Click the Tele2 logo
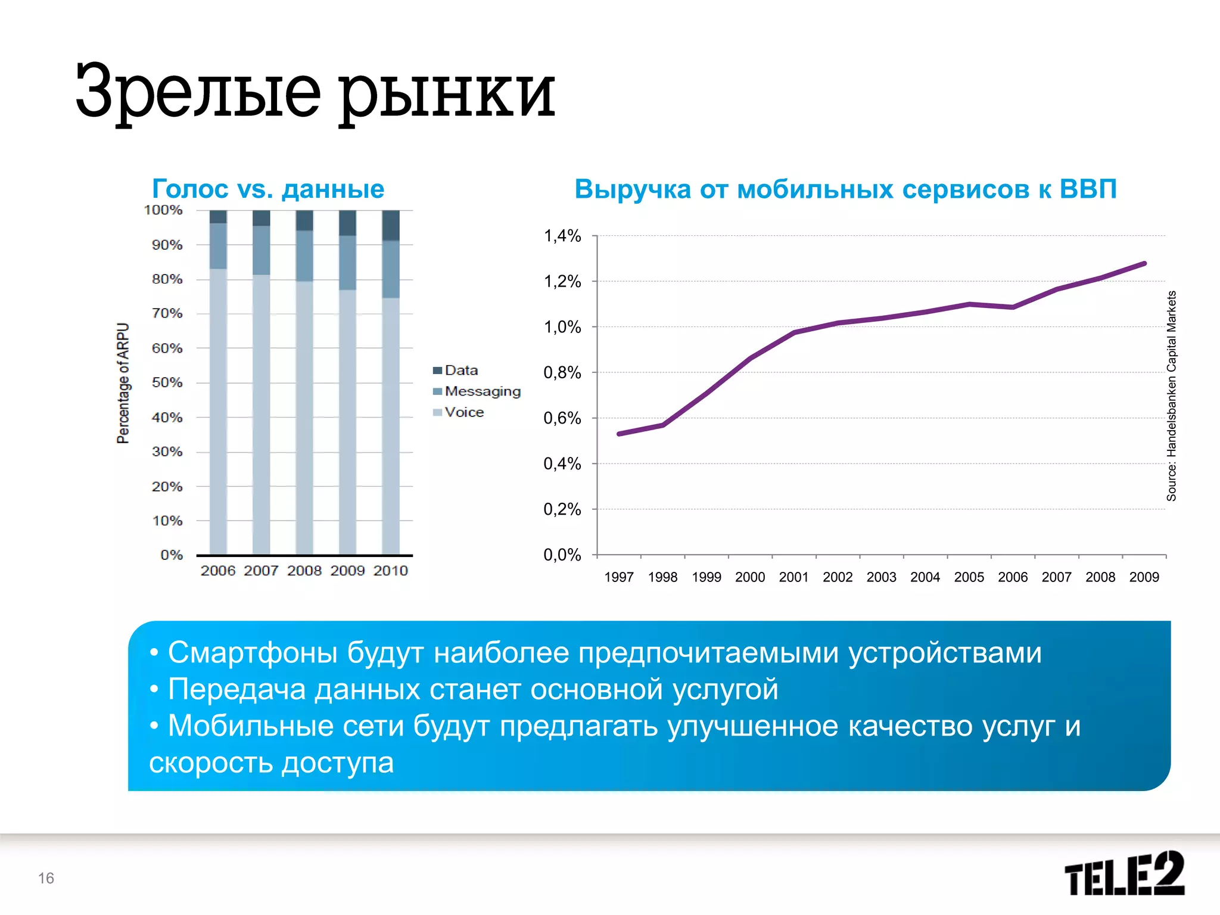tap(1123, 874)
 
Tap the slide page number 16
tap(46, 878)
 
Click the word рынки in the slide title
tap(447, 92)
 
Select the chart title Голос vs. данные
tap(268, 189)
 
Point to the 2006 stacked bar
tap(218, 382)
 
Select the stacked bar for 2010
tap(391, 382)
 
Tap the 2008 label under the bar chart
tap(304, 571)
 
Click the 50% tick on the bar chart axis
tap(167, 382)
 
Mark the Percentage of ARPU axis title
tap(123, 383)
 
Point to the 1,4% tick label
tap(562, 236)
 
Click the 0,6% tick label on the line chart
tap(562, 418)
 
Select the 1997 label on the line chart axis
tap(619, 577)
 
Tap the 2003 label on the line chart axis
tap(881, 577)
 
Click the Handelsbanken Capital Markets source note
tap(1171, 396)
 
